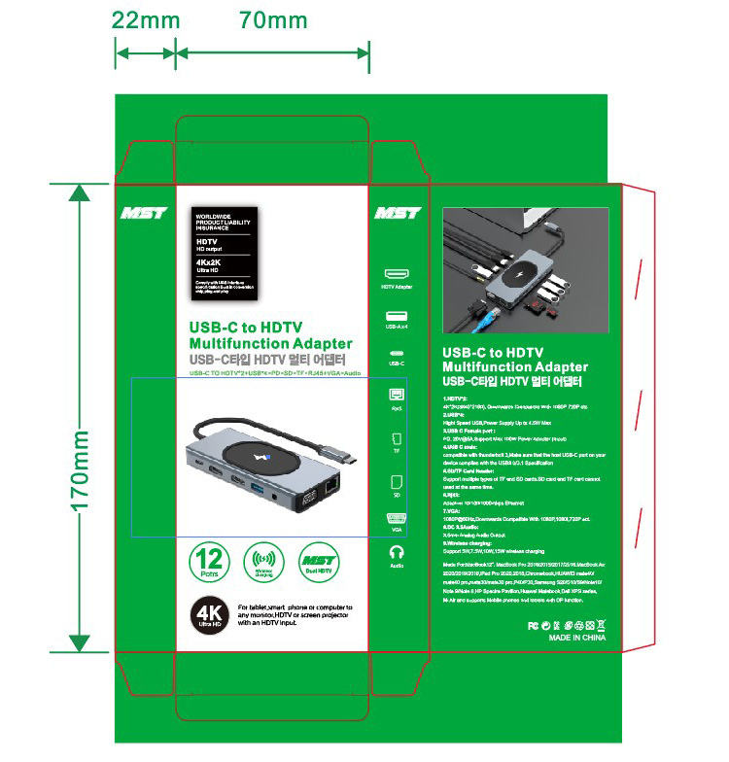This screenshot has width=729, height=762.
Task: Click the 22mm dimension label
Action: pos(146,19)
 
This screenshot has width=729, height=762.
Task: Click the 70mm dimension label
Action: pos(273,19)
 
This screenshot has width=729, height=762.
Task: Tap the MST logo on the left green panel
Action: pos(145,213)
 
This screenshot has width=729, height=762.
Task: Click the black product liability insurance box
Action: pos(226,255)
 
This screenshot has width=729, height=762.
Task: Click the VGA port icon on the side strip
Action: pos(396,517)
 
